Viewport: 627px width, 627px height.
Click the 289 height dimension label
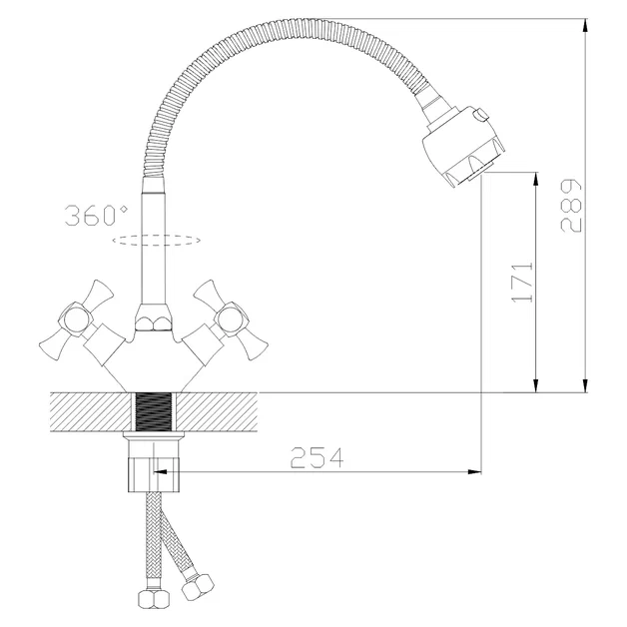click(570, 206)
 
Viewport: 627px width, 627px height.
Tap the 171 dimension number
click(522, 283)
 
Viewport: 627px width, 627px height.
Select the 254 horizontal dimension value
click(316, 458)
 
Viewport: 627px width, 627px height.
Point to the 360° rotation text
click(96, 216)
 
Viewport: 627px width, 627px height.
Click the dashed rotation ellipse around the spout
click(157, 235)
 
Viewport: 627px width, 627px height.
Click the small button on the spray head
click(480, 115)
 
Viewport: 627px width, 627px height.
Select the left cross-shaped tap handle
click(76, 319)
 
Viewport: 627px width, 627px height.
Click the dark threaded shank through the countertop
click(153, 412)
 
